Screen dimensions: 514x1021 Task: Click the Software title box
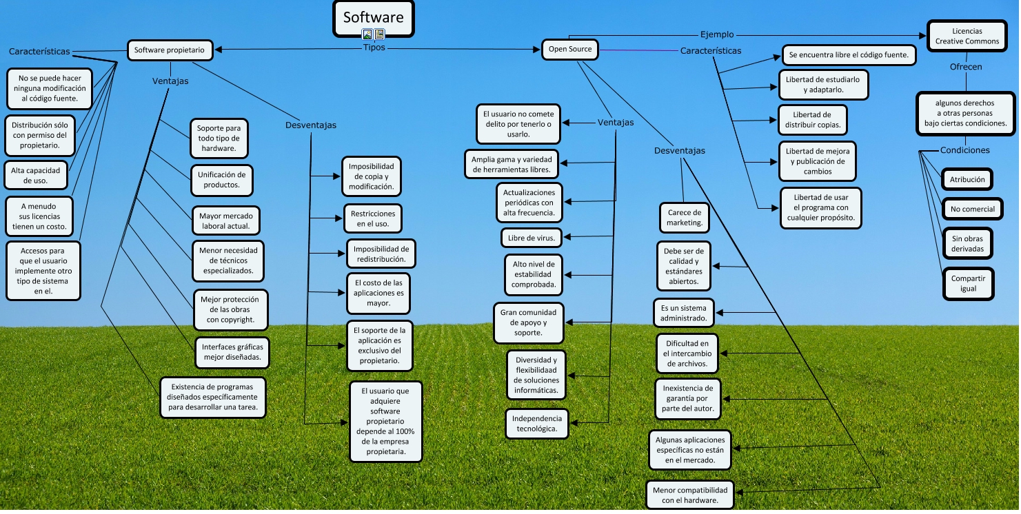374,18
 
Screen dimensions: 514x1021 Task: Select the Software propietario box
169,50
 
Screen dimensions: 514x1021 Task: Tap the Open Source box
570,49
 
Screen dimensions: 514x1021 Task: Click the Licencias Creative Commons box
967,36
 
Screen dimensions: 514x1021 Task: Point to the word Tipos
374,48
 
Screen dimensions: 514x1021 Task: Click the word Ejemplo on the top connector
717,34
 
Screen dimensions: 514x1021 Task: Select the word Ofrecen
965,67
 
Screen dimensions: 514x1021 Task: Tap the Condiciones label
964,150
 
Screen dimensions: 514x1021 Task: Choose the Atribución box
967,180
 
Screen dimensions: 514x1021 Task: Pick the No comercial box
972,209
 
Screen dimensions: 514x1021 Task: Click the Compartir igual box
968,283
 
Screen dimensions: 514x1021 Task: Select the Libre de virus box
531,238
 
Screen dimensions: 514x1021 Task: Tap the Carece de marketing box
684,218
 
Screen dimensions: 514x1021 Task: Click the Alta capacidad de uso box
36,175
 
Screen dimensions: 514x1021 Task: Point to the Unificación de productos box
221,180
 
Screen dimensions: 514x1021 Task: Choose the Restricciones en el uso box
372,218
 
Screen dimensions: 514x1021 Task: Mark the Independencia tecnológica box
537,423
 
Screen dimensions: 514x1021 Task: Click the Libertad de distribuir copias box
812,120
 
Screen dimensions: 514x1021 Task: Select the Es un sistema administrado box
683,313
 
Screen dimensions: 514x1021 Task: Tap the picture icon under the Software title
367,34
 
